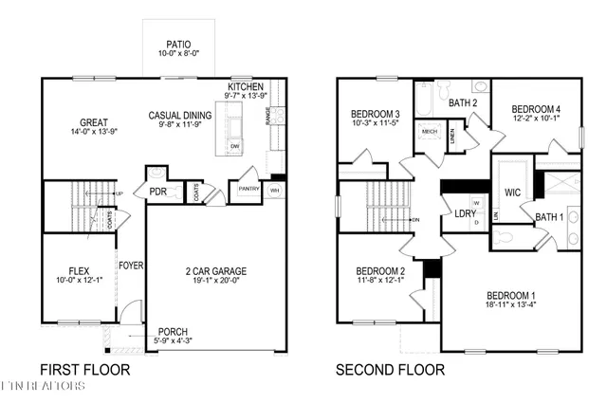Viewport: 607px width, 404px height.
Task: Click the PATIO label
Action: (178, 43)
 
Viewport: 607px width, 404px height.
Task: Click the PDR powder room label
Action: (157, 192)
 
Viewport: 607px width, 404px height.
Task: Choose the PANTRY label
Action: (248, 189)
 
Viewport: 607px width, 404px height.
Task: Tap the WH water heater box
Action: (275, 190)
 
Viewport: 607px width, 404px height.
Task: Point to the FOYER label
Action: (130, 266)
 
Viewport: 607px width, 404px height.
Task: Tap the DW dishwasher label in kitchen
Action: (234, 146)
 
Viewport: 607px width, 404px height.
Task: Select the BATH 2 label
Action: (463, 102)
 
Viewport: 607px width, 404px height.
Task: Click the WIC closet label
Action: (512, 193)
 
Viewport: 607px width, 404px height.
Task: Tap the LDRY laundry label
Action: (466, 213)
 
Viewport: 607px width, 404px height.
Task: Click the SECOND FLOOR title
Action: (390, 369)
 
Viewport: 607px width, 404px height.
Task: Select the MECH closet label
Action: (428, 132)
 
